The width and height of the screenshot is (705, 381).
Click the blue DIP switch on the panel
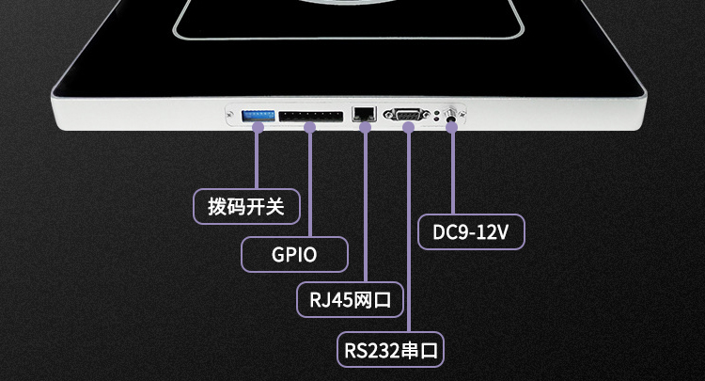point(257,115)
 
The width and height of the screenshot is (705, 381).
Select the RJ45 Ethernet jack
point(364,114)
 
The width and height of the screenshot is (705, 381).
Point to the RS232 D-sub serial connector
point(408,115)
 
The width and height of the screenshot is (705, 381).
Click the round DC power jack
point(452,116)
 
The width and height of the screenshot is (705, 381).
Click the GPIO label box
point(294,254)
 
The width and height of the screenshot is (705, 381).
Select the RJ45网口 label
point(350,301)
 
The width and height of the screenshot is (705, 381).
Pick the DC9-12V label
point(470,231)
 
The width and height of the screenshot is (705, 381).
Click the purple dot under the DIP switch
point(257,127)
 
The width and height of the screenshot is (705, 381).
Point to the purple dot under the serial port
point(408,128)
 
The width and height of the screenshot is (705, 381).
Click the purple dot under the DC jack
point(452,127)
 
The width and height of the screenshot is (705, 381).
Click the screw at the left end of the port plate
point(230,116)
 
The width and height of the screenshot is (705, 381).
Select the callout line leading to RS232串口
point(408,235)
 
